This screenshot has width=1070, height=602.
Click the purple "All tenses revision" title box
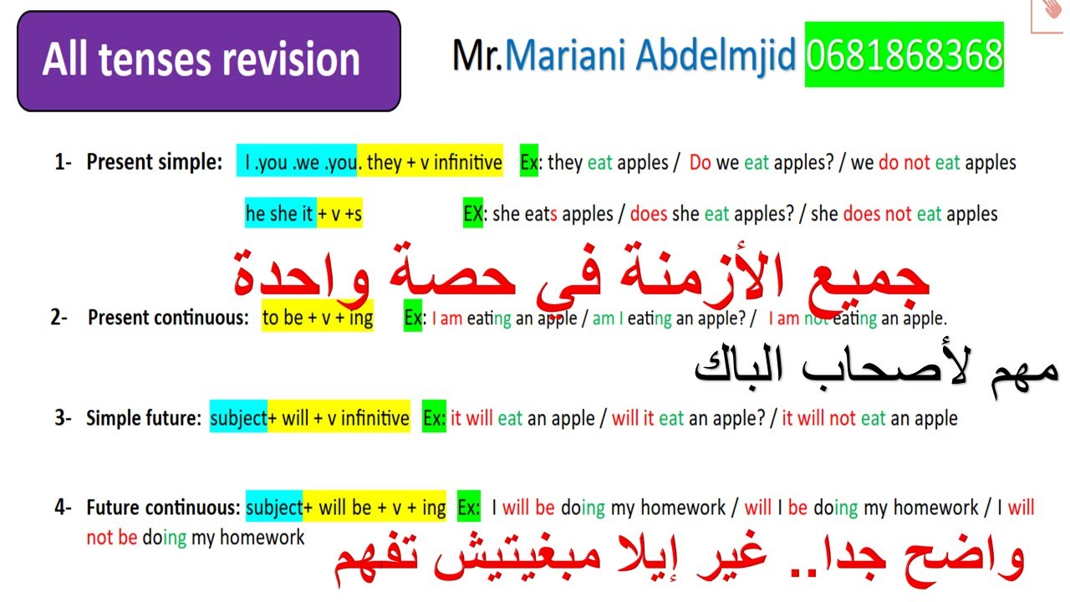click(x=208, y=61)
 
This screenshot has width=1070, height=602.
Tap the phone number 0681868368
click(x=904, y=55)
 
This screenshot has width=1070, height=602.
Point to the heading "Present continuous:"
click(x=168, y=318)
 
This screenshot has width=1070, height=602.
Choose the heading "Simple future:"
click(x=143, y=418)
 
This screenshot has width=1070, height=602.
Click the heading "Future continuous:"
click(x=163, y=508)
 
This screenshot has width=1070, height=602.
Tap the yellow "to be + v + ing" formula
click(x=317, y=318)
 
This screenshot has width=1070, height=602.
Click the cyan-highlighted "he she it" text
click(x=279, y=213)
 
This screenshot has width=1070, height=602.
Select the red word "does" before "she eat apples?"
click(x=648, y=214)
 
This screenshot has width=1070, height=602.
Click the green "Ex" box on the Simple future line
click(x=434, y=418)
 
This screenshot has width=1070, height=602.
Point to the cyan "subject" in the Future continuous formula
click(x=273, y=508)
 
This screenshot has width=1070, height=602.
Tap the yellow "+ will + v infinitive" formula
click(x=339, y=418)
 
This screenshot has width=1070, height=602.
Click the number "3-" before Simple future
click(x=64, y=418)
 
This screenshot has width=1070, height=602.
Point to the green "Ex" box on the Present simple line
click(x=529, y=162)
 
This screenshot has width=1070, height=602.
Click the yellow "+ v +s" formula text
click(x=339, y=213)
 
